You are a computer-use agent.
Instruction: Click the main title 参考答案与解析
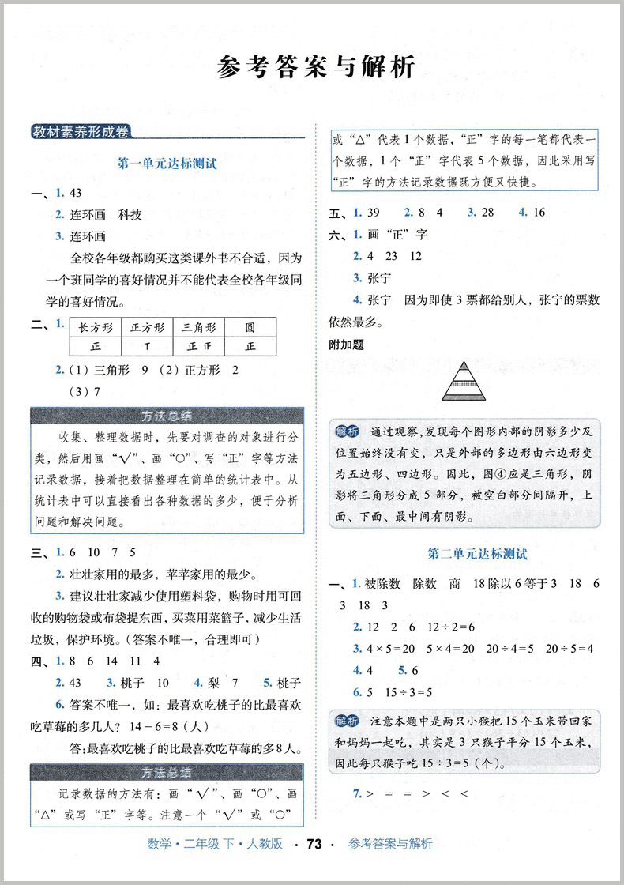315,67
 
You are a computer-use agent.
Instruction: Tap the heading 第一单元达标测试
167,164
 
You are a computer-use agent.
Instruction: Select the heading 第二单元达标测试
476,554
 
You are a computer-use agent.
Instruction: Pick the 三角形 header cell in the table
197,327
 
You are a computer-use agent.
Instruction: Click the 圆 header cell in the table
250,327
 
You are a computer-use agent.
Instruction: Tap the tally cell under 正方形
147,346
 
